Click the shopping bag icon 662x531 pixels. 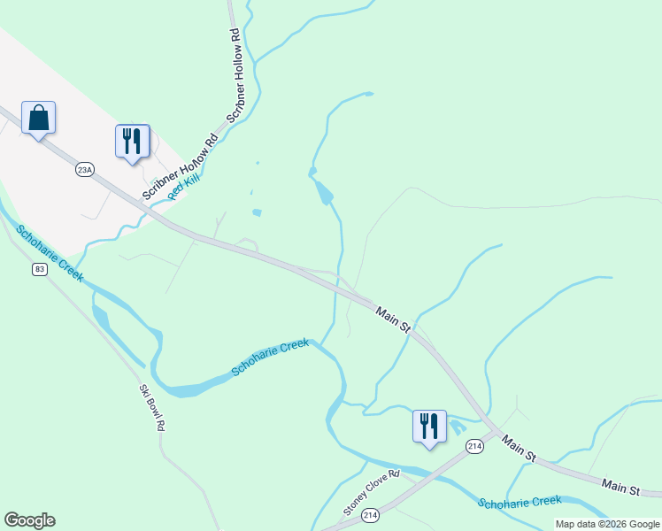39,118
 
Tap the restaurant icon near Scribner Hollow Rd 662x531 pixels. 132,141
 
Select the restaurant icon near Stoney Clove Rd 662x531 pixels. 429,426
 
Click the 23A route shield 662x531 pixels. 85,169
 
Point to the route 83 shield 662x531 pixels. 39,269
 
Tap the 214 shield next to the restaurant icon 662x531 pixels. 475,447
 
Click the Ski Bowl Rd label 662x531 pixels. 152,407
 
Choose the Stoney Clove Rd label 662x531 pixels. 372,494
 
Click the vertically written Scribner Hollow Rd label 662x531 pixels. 236,75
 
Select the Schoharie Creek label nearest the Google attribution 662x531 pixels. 520,502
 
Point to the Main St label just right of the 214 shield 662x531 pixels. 519,447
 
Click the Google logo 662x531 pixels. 29,520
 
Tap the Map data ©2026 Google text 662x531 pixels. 607,524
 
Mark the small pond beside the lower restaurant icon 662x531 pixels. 457,427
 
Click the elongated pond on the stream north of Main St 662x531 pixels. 324,190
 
